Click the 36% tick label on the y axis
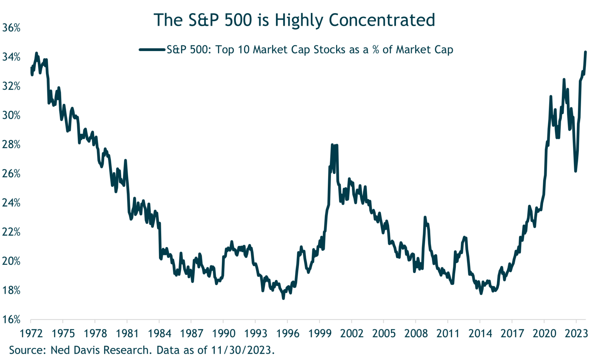(x=11, y=28)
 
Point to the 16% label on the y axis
(x=11, y=319)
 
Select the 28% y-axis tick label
(x=11, y=145)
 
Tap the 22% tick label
(x=11, y=232)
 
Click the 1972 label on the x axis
(x=31, y=334)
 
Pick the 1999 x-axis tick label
(x=320, y=334)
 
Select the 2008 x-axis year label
(x=416, y=334)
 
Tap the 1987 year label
(x=191, y=334)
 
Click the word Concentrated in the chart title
(x=382, y=20)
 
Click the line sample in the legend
(x=152, y=50)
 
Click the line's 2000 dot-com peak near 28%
(x=332, y=145)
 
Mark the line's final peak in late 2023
(x=585, y=52)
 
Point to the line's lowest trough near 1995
(x=283, y=298)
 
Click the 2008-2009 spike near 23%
(x=425, y=217)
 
